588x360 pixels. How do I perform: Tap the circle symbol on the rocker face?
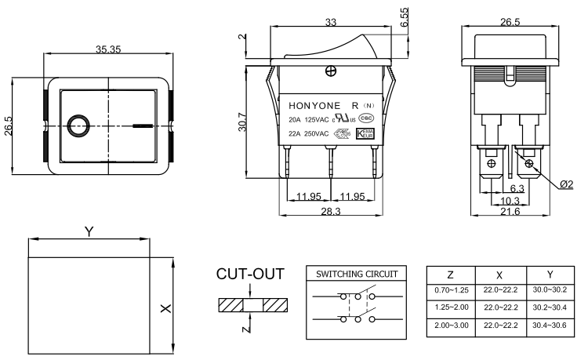(78, 125)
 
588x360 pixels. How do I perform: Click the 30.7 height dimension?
(241, 123)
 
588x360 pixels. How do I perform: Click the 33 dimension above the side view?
(330, 23)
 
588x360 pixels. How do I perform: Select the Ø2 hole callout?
(567, 184)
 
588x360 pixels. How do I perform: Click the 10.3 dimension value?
(510, 201)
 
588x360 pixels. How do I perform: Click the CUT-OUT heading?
(249, 274)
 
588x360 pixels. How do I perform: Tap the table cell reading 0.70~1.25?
(450, 291)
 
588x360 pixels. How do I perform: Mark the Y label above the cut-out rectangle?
(89, 231)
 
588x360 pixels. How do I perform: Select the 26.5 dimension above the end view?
(510, 22)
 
